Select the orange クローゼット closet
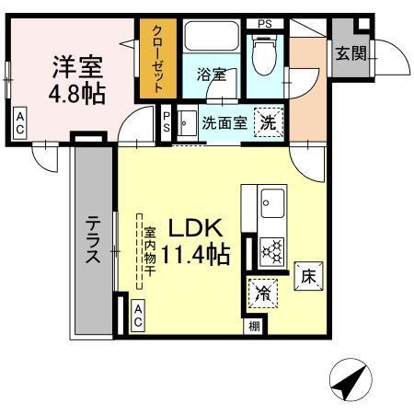[155, 59]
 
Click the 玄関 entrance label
[350, 53]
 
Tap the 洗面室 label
[224, 122]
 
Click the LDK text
[195, 226]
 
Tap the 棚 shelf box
[252, 326]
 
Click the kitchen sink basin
[271, 201]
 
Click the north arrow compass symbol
[348, 380]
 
